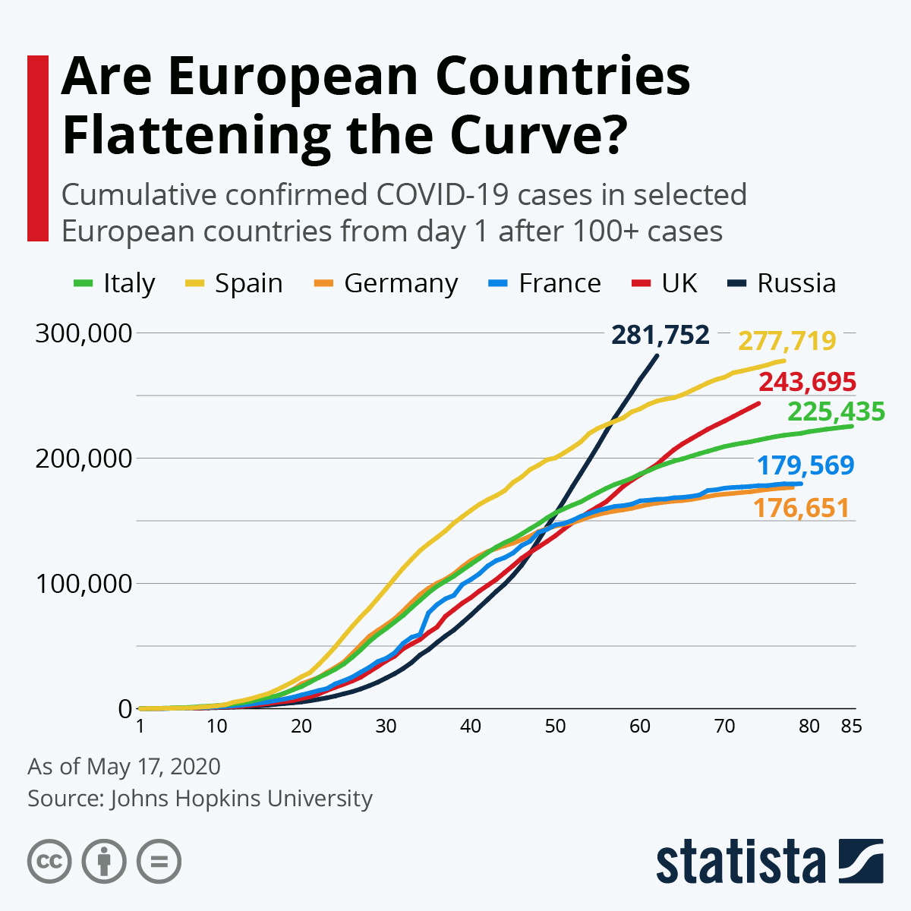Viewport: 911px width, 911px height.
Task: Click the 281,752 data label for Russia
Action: [x=660, y=335]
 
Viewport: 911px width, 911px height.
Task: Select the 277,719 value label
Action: [x=787, y=341]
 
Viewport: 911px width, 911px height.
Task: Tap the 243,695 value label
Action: [x=807, y=382]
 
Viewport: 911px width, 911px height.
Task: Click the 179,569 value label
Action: [x=805, y=465]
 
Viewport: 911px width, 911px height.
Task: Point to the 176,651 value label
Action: [x=801, y=508]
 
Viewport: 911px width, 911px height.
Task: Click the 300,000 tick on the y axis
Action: [x=84, y=333]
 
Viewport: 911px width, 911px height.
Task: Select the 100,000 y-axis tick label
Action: [x=84, y=584]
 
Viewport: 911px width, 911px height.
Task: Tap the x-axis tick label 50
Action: [x=555, y=727]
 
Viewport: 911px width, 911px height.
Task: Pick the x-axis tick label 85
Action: [x=851, y=727]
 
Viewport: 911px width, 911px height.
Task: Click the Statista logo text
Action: [x=740, y=862]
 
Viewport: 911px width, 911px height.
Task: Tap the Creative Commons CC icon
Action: [x=49, y=862]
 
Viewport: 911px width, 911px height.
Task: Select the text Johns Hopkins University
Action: [x=241, y=799]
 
